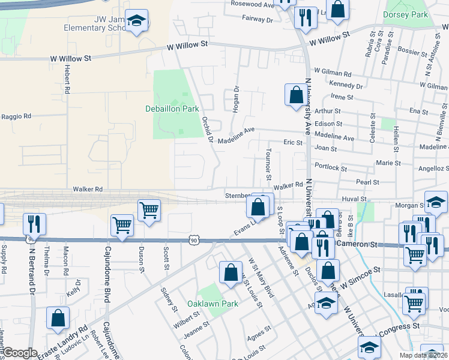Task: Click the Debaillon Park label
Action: [x=172, y=109]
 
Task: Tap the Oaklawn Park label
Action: [x=212, y=304]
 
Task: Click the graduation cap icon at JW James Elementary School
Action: [x=137, y=21]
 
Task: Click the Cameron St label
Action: [x=360, y=244]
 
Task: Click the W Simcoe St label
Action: [x=360, y=277]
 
